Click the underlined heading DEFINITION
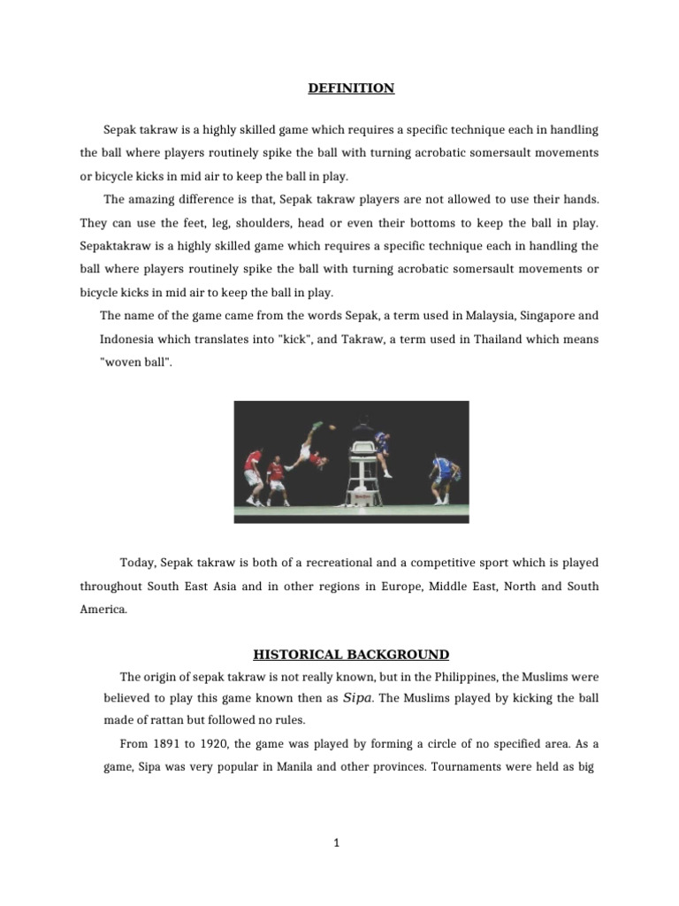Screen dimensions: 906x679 click(x=351, y=88)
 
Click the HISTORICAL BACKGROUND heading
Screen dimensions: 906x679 click(x=351, y=655)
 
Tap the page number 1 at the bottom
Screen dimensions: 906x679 click(x=337, y=844)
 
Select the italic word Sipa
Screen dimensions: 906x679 click(x=357, y=698)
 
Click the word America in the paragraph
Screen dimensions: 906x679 click(x=103, y=609)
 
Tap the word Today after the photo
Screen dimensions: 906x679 click(x=137, y=563)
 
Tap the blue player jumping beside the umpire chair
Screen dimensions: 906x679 click(x=382, y=447)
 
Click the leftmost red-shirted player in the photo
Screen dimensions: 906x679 click(x=254, y=476)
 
